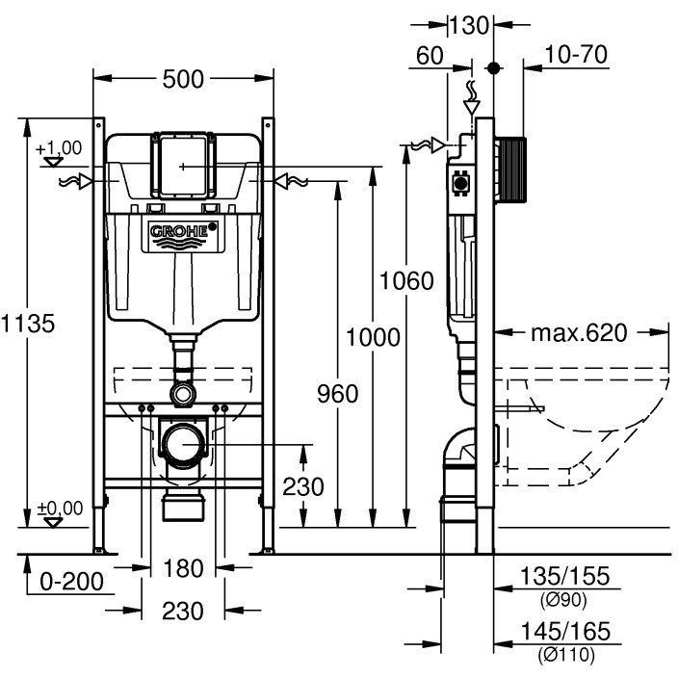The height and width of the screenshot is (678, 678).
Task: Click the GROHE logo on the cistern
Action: tap(183, 236)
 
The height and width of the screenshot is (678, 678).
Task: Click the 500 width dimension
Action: tap(183, 80)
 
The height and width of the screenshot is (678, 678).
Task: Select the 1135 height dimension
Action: tap(28, 324)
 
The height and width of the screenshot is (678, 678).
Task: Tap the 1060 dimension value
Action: tap(406, 280)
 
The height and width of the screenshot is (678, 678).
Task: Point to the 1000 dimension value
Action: tap(373, 337)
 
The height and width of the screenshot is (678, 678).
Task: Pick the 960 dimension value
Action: tap(338, 394)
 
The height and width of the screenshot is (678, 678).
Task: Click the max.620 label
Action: tap(579, 333)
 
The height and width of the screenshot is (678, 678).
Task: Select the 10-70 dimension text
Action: tap(576, 55)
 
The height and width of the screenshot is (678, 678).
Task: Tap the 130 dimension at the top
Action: tap(470, 25)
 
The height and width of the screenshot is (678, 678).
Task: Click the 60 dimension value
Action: tap(430, 56)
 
